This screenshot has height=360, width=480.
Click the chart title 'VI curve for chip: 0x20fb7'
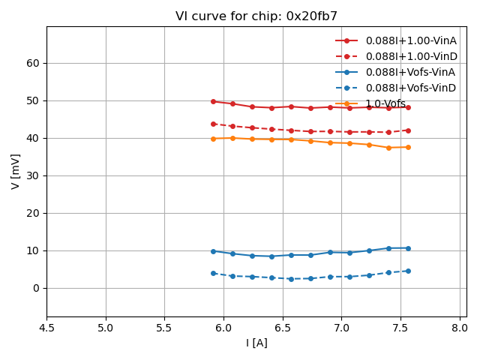pyautogui.click(x=256, y=16)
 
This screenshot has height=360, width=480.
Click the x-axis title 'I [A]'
pyautogui.click(x=256, y=343)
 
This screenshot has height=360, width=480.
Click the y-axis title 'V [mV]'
pyautogui.click(x=16, y=171)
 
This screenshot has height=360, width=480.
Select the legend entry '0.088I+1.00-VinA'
pyautogui.click(x=410, y=40)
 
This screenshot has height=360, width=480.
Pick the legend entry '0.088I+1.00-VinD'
pyautogui.click(x=410, y=56)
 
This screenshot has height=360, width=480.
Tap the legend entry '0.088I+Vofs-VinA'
pyautogui.click(x=410, y=72)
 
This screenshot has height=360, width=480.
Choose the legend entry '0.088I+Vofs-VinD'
pyautogui.click(x=410, y=88)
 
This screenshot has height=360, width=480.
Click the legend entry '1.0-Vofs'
pyautogui.click(x=385, y=103)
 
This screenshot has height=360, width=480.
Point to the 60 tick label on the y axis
pyautogui.click(x=32, y=63)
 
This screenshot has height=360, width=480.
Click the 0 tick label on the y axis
pyautogui.click(x=35, y=288)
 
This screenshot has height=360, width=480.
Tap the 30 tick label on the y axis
pyautogui.click(x=32, y=175)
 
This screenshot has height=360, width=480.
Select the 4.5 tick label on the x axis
pyautogui.click(x=46, y=328)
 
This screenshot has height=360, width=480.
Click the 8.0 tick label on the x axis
pyautogui.click(x=460, y=328)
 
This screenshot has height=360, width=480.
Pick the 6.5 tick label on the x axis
pyautogui.click(x=283, y=328)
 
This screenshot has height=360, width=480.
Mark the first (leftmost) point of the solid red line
pyautogui.click(x=213, y=101)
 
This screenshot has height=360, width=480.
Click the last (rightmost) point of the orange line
pyautogui.click(x=408, y=147)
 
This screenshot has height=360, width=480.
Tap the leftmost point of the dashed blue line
pyautogui.click(x=213, y=273)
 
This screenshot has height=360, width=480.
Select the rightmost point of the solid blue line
pyautogui.click(x=408, y=248)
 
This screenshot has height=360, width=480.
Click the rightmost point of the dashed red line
pyautogui.click(x=408, y=130)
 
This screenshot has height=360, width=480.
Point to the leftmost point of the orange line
pyautogui.click(x=213, y=139)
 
